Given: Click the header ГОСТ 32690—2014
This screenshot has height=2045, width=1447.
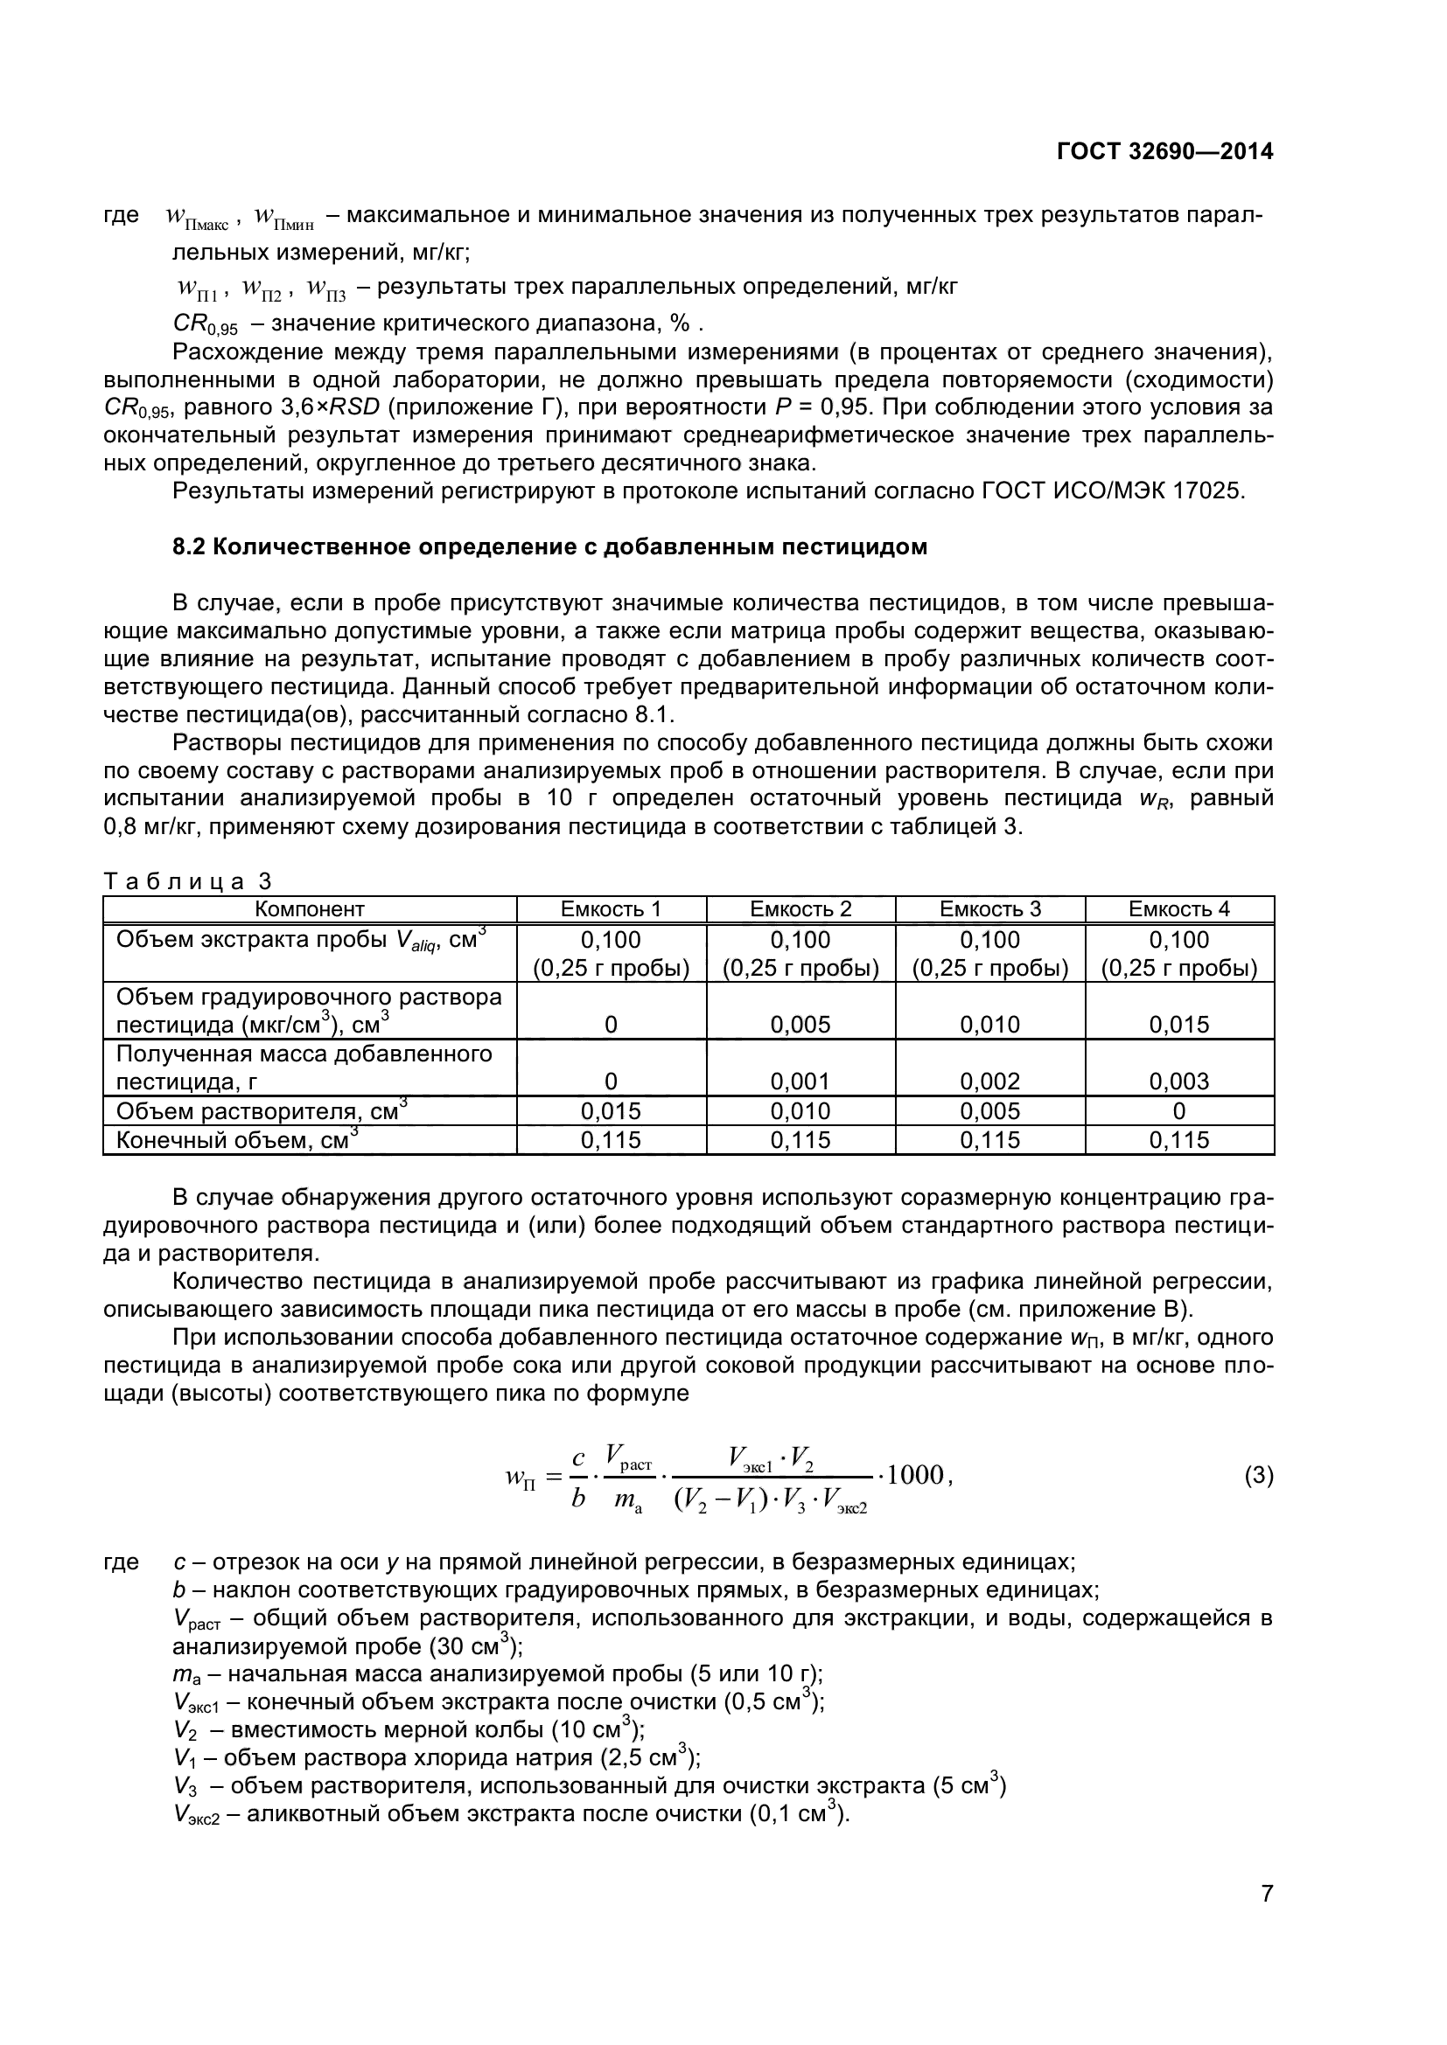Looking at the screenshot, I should [x=1164, y=151].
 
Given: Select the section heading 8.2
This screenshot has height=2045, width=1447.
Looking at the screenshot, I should [x=549, y=546].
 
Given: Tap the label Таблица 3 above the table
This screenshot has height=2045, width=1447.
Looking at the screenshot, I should [x=188, y=881].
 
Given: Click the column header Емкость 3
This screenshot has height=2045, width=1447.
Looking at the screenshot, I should [x=990, y=909].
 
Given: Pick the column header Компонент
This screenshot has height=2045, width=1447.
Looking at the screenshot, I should [x=309, y=909].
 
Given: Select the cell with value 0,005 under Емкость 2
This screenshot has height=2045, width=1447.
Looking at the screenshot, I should [x=800, y=1025].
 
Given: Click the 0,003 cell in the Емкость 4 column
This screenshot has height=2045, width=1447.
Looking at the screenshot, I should [x=1178, y=1082].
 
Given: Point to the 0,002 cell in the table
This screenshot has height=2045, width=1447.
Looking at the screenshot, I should [x=990, y=1082].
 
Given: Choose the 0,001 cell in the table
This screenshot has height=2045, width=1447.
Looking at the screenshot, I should [x=800, y=1082].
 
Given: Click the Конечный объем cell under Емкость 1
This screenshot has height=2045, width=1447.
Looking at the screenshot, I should [x=611, y=1140].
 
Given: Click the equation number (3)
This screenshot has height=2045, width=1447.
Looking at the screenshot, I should [x=1258, y=1476].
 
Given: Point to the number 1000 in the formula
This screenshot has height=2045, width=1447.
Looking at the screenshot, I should [x=919, y=1475].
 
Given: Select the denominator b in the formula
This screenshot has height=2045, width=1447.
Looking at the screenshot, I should [x=578, y=1499].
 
